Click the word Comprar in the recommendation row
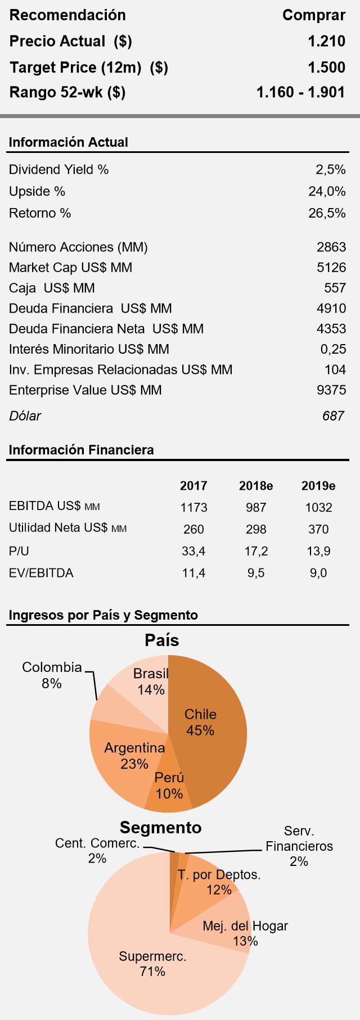click(313, 15)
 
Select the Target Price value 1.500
click(326, 67)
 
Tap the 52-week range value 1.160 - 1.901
click(300, 92)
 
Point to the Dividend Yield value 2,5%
click(331, 170)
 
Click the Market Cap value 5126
click(331, 268)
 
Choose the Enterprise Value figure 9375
click(331, 390)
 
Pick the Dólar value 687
click(333, 416)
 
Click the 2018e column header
click(256, 486)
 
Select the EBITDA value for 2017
click(193, 508)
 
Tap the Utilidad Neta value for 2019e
click(318, 530)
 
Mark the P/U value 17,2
click(256, 552)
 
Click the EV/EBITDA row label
click(41, 574)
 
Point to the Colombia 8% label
click(52, 675)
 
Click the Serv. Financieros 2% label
click(299, 846)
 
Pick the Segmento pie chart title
click(160, 828)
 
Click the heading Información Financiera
click(81, 450)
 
